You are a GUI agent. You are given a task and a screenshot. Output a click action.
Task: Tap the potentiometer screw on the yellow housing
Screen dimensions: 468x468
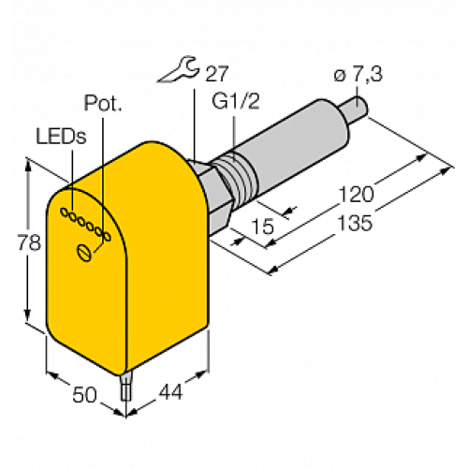pyautogui.click(x=85, y=251)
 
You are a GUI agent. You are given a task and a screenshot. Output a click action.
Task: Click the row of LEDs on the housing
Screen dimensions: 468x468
pyautogui.click(x=86, y=225)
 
